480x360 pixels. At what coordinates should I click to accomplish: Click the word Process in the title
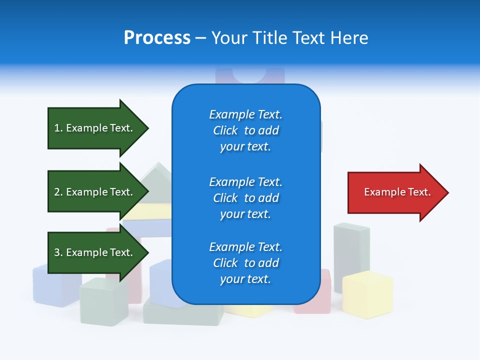pyautogui.click(x=157, y=38)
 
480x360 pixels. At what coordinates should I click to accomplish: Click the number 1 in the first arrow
pyautogui.click(x=57, y=128)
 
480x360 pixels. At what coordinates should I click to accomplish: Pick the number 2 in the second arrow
pyautogui.click(x=57, y=192)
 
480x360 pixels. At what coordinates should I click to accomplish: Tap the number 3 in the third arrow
pyautogui.click(x=57, y=252)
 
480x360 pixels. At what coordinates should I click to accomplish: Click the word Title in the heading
pyautogui.click(x=271, y=38)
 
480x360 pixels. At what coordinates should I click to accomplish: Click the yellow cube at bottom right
pyautogui.click(x=367, y=295)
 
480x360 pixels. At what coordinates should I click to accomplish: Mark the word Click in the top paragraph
pyautogui.click(x=225, y=130)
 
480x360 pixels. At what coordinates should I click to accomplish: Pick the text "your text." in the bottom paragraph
pyautogui.click(x=245, y=279)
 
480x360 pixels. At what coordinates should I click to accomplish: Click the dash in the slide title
pyautogui.click(x=201, y=38)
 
